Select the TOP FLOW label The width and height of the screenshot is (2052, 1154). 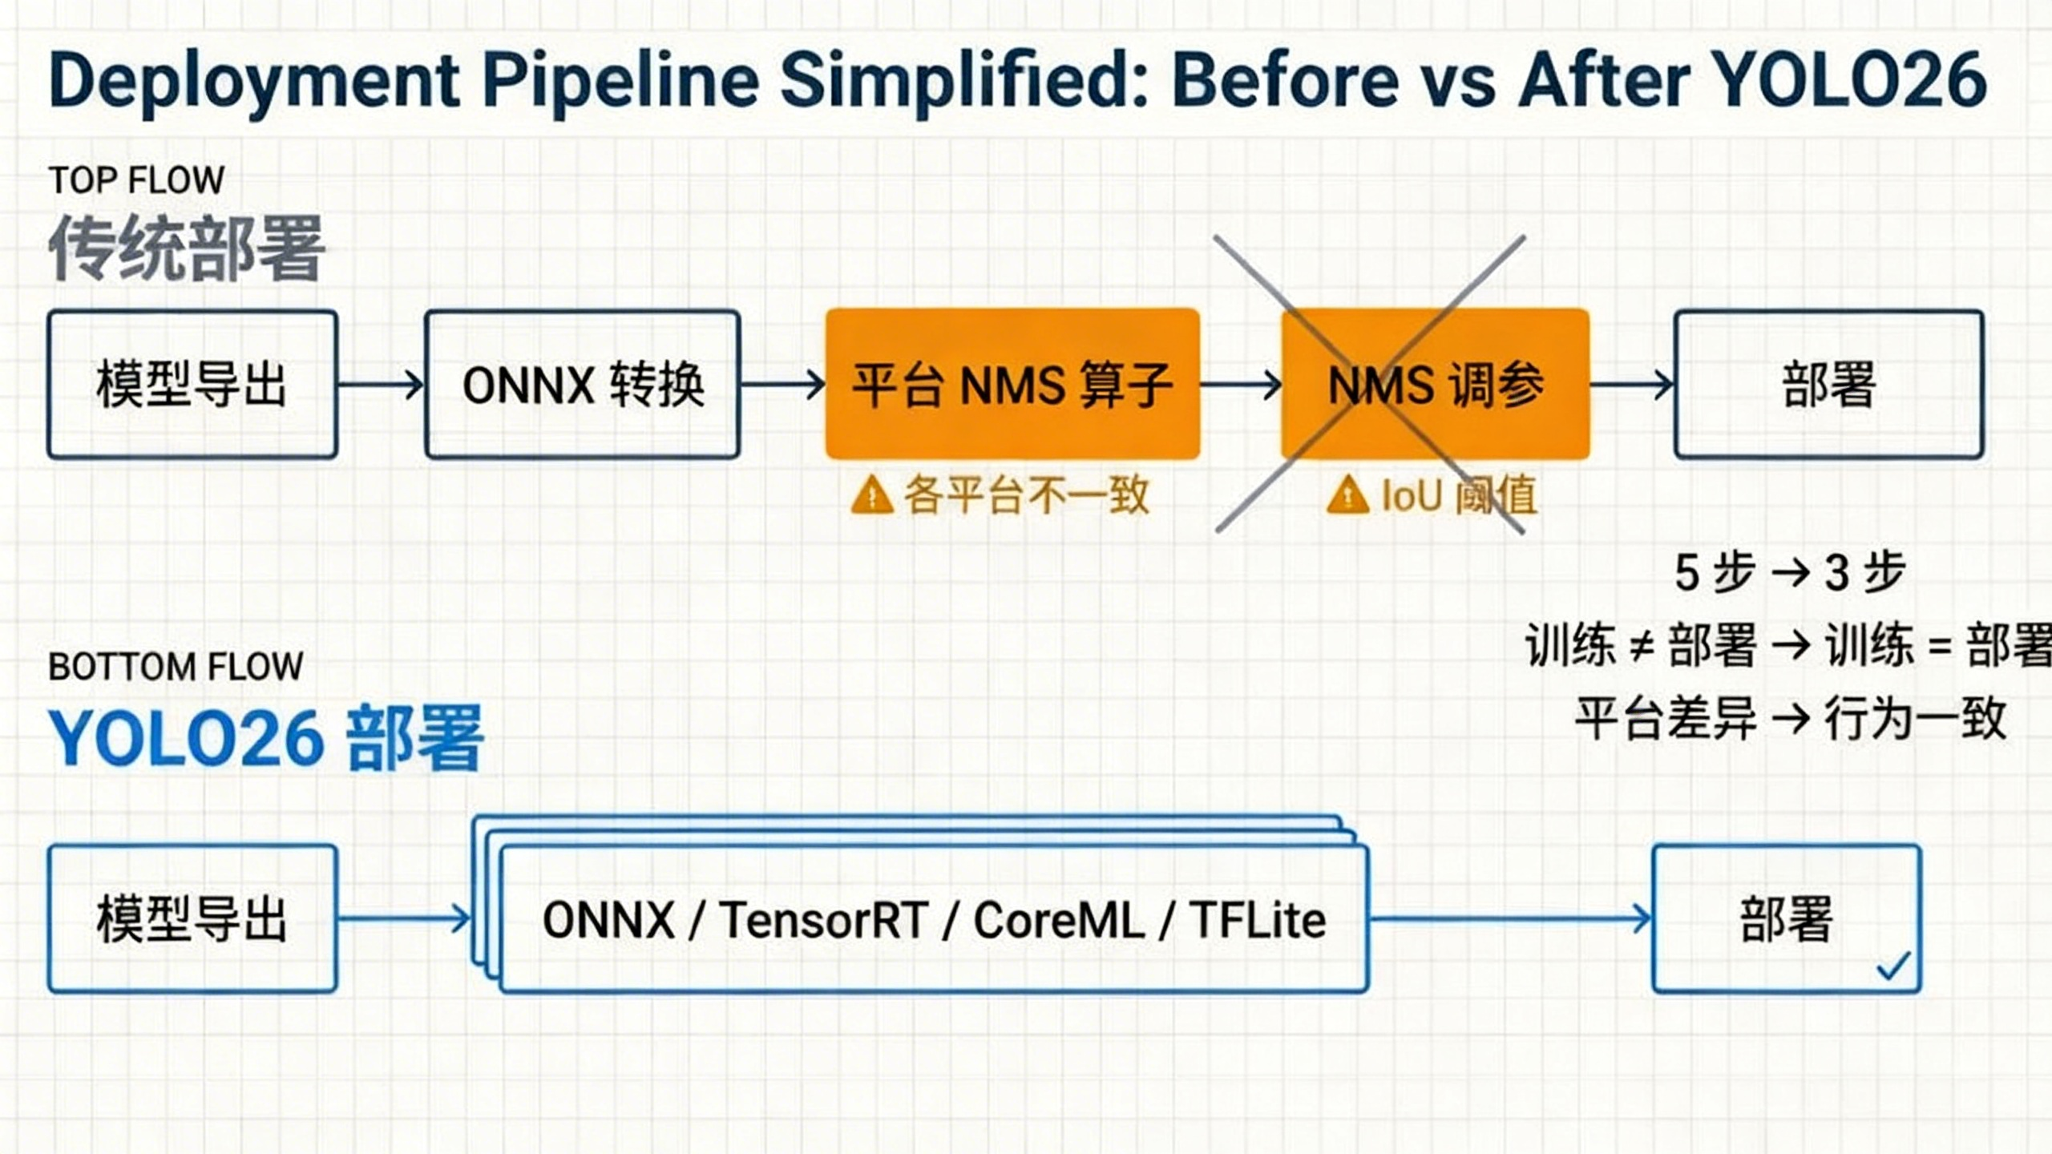(136, 180)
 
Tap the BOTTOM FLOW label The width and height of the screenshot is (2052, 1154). (176, 667)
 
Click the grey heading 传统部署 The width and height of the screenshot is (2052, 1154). (186, 248)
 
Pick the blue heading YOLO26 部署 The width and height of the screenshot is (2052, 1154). (266, 738)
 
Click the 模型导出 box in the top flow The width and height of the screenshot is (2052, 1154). (192, 385)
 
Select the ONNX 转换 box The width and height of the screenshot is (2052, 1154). (582, 385)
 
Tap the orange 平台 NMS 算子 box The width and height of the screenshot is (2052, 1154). (1012, 385)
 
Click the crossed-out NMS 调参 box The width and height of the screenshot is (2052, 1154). (1435, 385)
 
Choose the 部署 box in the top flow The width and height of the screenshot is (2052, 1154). (1828, 385)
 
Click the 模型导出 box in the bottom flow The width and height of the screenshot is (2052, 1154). (192, 919)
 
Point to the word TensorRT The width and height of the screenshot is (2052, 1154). (823, 920)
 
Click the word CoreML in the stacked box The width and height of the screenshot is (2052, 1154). (1059, 920)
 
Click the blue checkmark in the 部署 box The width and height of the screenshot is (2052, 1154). (1893, 966)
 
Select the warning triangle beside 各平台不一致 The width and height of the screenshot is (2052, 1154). (871, 494)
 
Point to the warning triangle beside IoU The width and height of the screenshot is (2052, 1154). (1347, 494)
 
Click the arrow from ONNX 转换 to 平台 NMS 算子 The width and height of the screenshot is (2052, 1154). (782, 385)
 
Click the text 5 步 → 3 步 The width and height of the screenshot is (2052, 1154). (1789, 572)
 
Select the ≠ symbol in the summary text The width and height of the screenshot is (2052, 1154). (1642, 646)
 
